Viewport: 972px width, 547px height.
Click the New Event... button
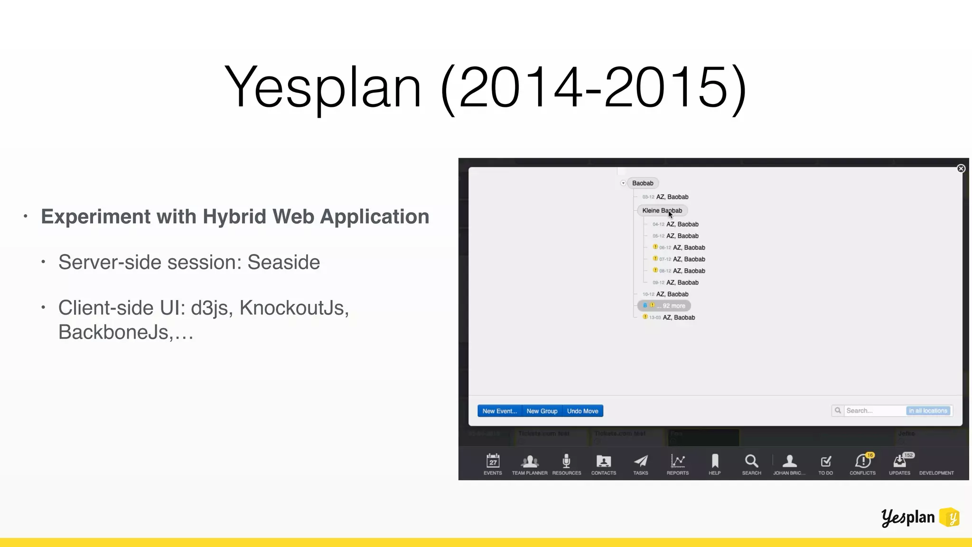pyautogui.click(x=499, y=411)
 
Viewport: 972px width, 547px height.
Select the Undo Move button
pyautogui.click(x=582, y=411)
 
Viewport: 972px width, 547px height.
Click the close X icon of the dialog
pyautogui.click(x=961, y=169)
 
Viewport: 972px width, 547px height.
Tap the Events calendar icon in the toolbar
pyautogui.click(x=493, y=461)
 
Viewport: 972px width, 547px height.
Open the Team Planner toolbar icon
pyautogui.click(x=530, y=461)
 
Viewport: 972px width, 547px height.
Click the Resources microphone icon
pyautogui.click(x=566, y=461)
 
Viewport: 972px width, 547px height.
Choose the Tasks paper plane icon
pyautogui.click(x=641, y=461)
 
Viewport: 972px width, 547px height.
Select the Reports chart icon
pyautogui.click(x=677, y=461)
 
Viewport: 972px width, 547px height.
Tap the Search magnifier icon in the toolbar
pyautogui.click(x=751, y=461)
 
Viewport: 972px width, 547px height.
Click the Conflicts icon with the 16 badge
pyautogui.click(x=862, y=461)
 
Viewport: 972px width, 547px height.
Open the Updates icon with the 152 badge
pyautogui.click(x=899, y=461)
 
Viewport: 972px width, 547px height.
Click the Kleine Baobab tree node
pyautogui.click(x=662, y=210)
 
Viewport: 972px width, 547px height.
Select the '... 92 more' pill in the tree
pyautogui.click(x=664, y=306)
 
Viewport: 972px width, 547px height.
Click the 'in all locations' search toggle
pyautogui.click(x=928, y=411)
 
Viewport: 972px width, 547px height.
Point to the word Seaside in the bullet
pyautogui.click(x=283, y=262)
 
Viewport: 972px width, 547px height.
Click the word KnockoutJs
pyautogui.click(x=294, y=308)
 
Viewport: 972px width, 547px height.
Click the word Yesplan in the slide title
pyautogui.click(x=323, y=87)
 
